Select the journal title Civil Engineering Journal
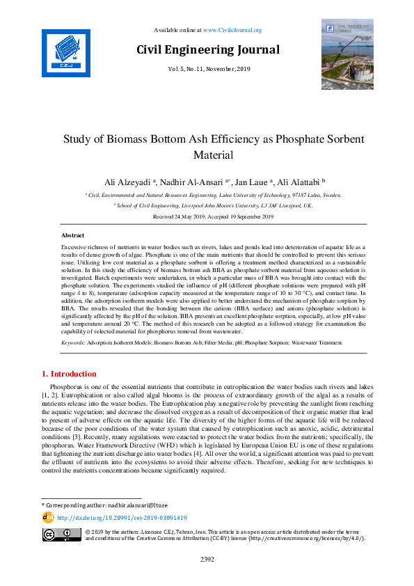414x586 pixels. coord(207,49)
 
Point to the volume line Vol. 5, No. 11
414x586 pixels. coord(207,69)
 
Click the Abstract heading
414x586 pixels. coord(72,236)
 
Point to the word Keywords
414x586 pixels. coord(72,342)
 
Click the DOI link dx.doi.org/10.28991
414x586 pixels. coord(122,518)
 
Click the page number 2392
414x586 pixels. coord(207,559)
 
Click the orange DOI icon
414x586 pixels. coord(48,517)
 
